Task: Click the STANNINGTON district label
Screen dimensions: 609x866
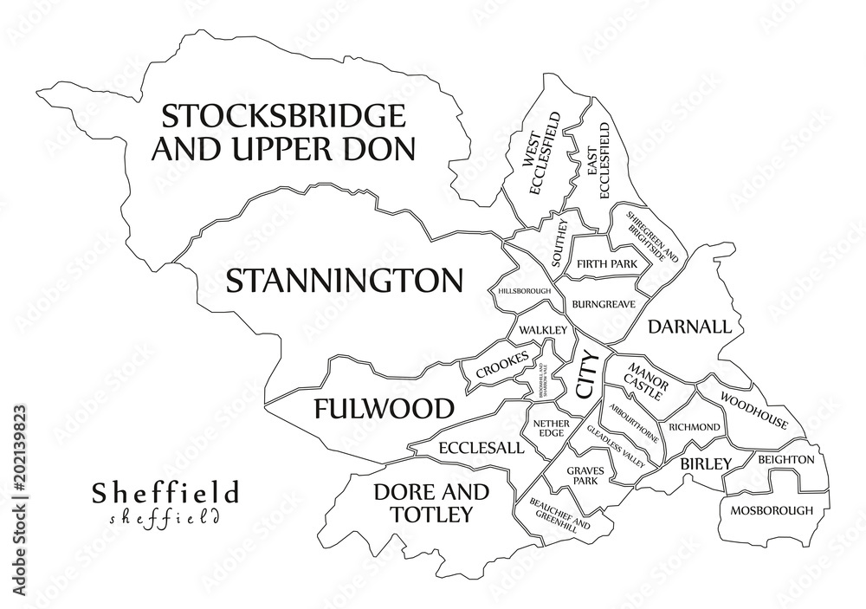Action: pyautogui.click(x=344, y=281)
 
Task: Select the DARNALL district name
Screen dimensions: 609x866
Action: pyautogui.click(x=689, y=327)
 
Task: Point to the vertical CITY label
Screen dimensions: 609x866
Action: pyautogui.click(x=585, y=374)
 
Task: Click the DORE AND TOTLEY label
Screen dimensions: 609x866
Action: pyautogui.click(x=430, y=503)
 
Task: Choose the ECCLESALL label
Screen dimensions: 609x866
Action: pyautogui.click(x=481, y=448)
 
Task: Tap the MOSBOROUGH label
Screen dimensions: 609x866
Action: pyautogui.click(x=772, y=510)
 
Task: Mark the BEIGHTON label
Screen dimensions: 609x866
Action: pyautogui.click(x=785, y=459)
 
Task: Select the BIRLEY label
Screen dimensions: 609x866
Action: pyautogui.click(x=705, y=463)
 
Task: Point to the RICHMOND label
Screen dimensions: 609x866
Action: pyautogui.click(x=694, y=427)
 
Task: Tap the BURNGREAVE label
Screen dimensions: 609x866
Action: pyautogui.click(x=604, y=304)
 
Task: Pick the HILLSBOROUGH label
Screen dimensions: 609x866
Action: pyautogui.click(x=524, y=291)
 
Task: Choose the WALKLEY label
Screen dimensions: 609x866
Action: pyautogui.click(x=543, y=330)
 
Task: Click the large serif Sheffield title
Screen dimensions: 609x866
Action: pyautogui.click(x=165, y=493)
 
